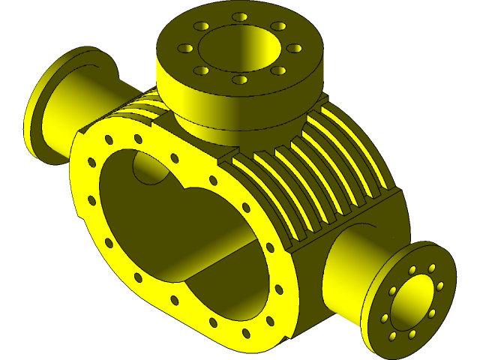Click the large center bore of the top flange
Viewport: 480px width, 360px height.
tap(240, 46)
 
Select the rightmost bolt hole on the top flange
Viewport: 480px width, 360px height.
tap(295, 48)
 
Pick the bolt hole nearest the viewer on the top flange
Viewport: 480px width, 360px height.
tap(240, 79)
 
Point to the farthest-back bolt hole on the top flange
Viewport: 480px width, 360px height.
tap(240, 16)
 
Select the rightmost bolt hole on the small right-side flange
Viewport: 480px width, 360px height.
tap(440, 286)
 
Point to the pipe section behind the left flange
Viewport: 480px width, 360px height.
tap(105, 94)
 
